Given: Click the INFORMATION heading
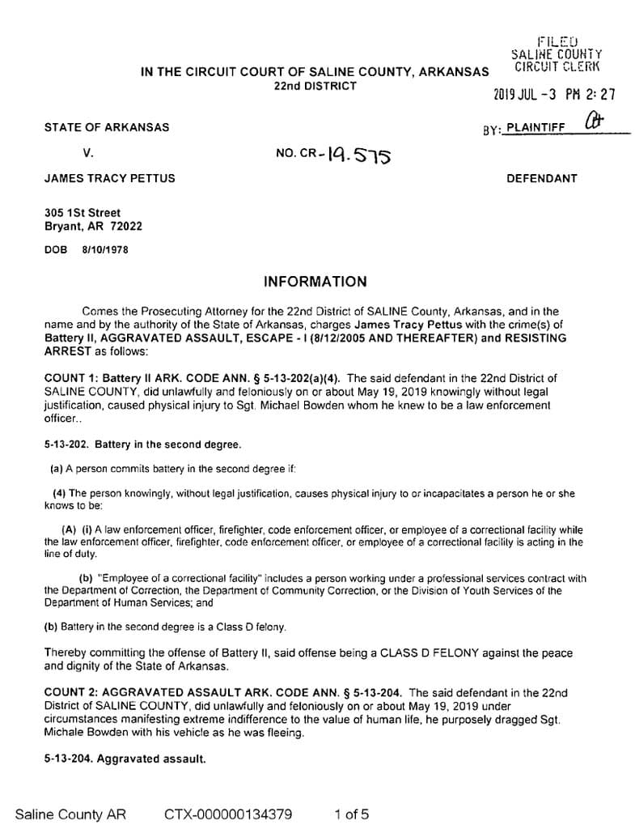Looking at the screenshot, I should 315,282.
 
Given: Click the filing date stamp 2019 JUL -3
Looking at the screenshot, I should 525,94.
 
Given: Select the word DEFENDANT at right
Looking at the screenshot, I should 541,178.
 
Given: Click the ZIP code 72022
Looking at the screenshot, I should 125,227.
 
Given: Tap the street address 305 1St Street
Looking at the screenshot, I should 82,213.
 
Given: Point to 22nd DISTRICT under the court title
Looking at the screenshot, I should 315,86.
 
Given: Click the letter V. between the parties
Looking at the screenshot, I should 88,152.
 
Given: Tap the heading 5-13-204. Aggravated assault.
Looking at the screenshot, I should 125,759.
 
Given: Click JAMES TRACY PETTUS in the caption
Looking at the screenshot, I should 108,178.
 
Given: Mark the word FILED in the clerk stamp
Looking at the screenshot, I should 557,41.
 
